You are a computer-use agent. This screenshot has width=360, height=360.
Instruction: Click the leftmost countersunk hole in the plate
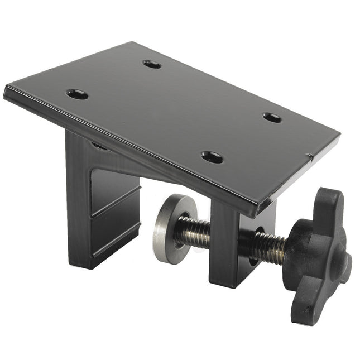(x=78, y=94)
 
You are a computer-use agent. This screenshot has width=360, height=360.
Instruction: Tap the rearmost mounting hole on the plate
(x=152, y=64)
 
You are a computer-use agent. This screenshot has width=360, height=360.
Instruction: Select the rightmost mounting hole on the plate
(x=272, y=118)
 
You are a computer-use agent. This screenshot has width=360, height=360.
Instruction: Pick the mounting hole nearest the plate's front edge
(x=212, y=157)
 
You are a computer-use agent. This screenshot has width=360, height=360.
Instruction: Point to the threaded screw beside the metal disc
(x=193, y=230)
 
